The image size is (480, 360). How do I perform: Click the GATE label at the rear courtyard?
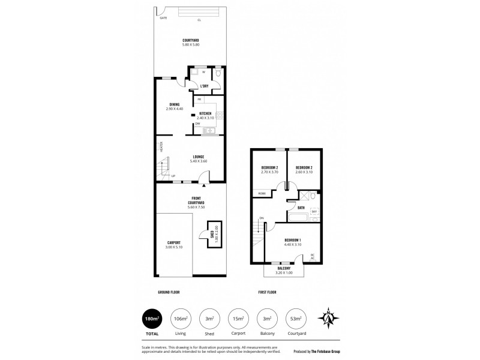163,18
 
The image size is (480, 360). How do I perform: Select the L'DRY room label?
204,86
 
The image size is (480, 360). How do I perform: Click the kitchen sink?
210,130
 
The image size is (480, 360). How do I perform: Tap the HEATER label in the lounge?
161,146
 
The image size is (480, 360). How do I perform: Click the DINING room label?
174,104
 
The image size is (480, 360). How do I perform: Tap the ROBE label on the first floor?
262,193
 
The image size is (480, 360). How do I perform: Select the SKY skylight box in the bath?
314,212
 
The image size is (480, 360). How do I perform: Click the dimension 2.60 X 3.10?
304,172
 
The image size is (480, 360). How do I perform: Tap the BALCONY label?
284,268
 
